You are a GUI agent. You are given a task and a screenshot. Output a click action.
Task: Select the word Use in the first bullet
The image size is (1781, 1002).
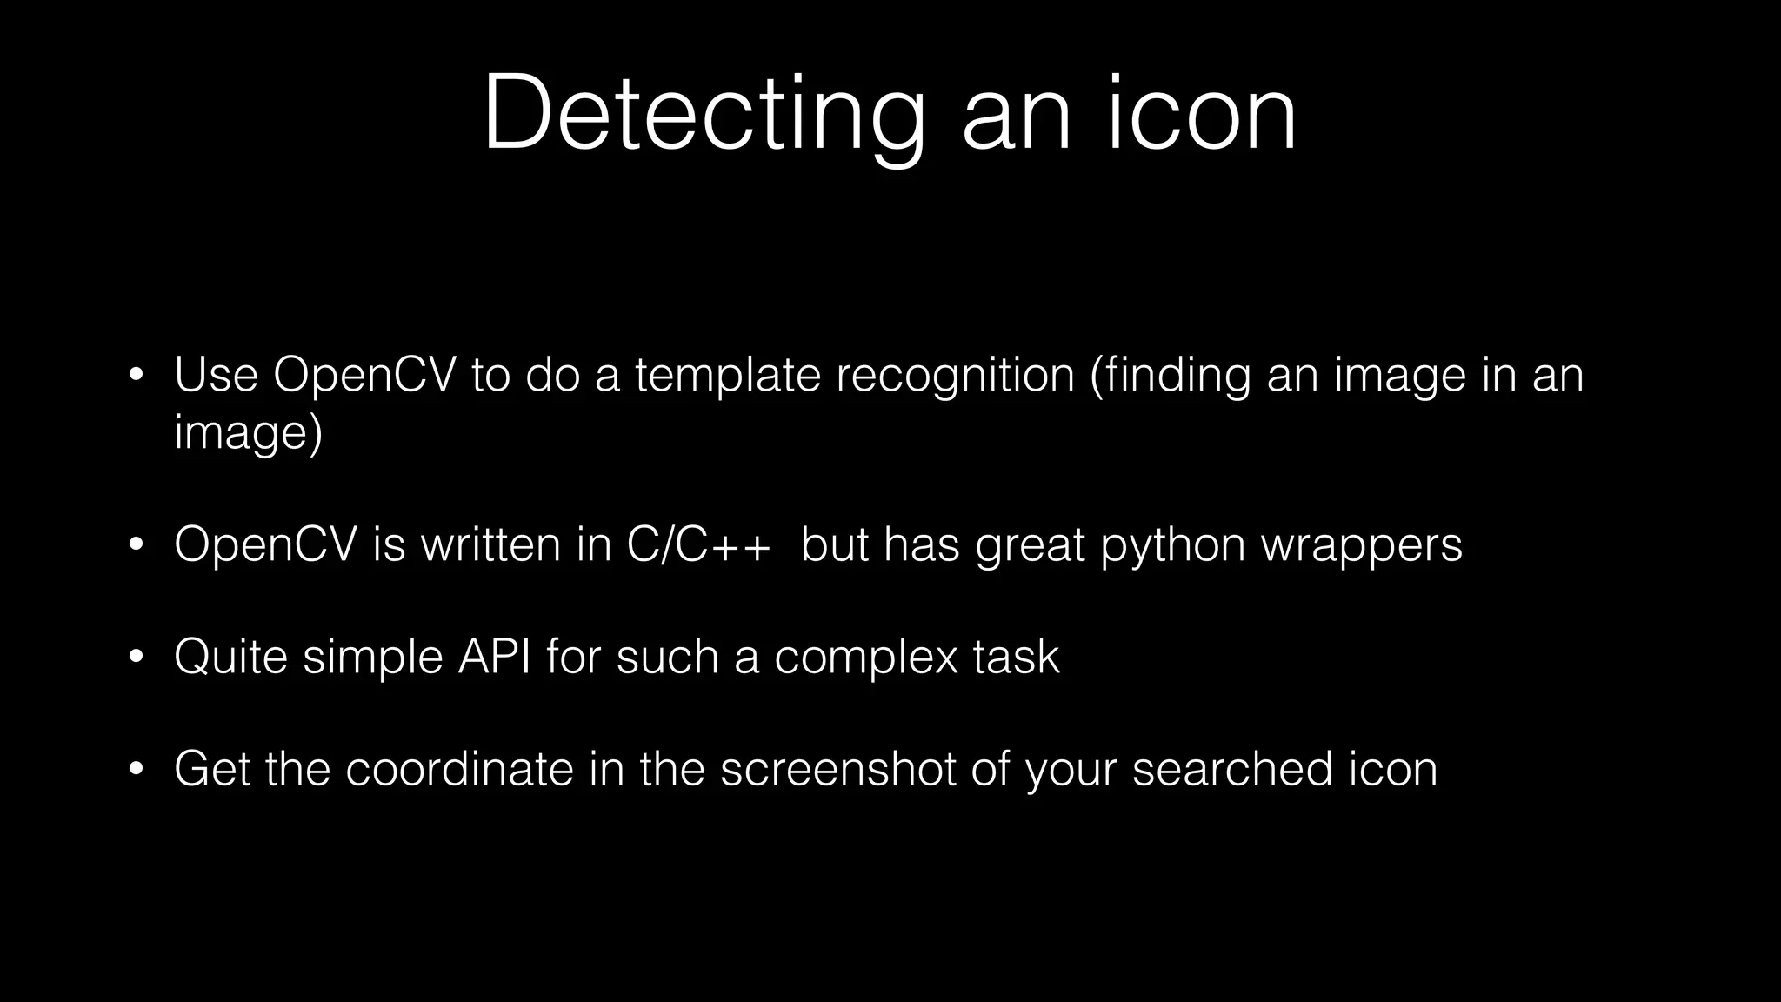coord(216,375)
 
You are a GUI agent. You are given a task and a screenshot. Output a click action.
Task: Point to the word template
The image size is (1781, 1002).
coord(727,375)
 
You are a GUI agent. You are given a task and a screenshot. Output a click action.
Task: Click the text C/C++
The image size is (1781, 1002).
coord(698,544)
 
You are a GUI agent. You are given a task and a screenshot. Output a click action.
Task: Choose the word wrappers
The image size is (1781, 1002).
coord(1362,544)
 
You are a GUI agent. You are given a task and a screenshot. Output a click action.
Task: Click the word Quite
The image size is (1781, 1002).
coord(230,657)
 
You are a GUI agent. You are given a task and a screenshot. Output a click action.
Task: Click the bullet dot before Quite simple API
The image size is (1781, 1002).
coord(135,658)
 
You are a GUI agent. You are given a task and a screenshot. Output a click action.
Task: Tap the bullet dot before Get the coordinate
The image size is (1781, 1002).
coord(135,771)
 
